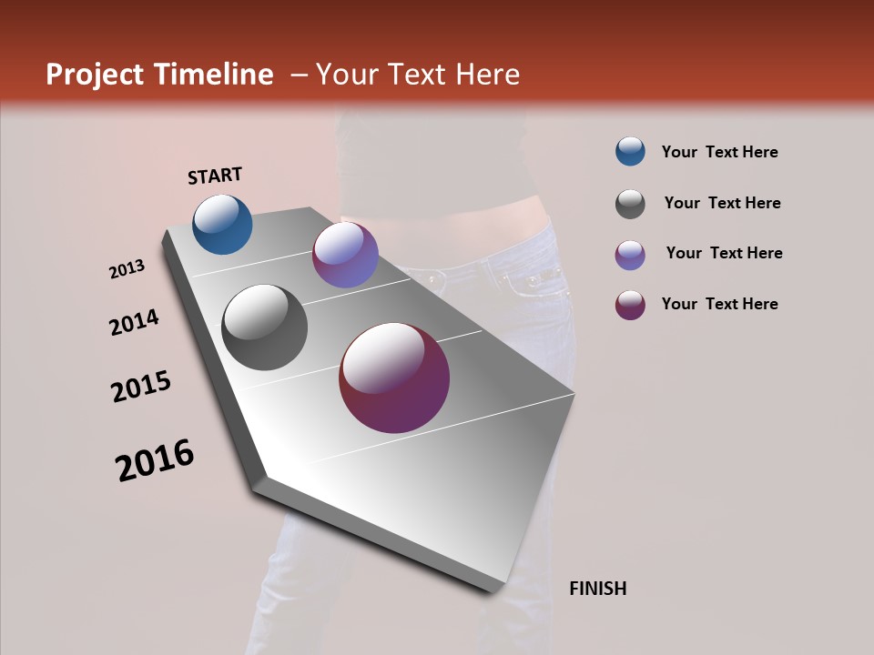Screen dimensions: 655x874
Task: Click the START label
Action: coord(215,176)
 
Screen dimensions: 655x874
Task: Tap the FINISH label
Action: coord(597,589)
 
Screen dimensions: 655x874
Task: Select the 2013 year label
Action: coord(127,269)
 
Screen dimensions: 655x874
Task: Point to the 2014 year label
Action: coord(134,322)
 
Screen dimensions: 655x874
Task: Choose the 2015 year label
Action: coord(141,387)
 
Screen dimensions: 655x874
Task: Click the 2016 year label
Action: coord(155,460)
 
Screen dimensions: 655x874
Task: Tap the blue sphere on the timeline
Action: coord(222,224)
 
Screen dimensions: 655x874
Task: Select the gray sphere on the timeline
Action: coord(264,327)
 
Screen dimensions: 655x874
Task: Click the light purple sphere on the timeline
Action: coord(345,255)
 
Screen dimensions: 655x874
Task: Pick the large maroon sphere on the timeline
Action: coord(394,377)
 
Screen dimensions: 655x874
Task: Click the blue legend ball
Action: coord(630,152)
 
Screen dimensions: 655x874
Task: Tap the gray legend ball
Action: coord(630,204)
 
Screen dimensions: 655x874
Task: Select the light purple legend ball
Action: coord(630,255)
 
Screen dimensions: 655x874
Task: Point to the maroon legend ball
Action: coord(630,305)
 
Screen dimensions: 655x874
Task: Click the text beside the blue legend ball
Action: coord(719,152)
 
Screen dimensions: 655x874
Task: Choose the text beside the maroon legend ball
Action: coord(719,304)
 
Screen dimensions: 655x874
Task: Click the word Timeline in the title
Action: coord(213,75)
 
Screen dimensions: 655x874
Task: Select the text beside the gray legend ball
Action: coord(722,203)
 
